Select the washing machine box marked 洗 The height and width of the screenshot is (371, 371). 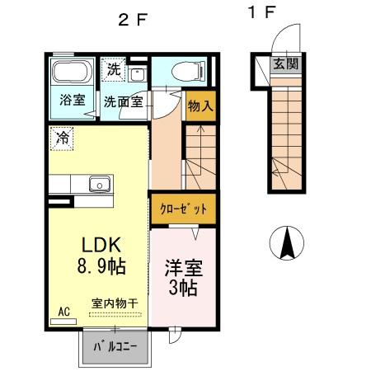[113, 69]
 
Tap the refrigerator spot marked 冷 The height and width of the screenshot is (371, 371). [62, 138]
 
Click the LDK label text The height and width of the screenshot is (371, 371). [101, 246]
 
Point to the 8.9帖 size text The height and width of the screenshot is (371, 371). [101, 268]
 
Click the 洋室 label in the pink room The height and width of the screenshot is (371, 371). [184, 270]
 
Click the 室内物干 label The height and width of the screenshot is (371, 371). [115, 304]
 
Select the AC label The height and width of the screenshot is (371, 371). [63, 312]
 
